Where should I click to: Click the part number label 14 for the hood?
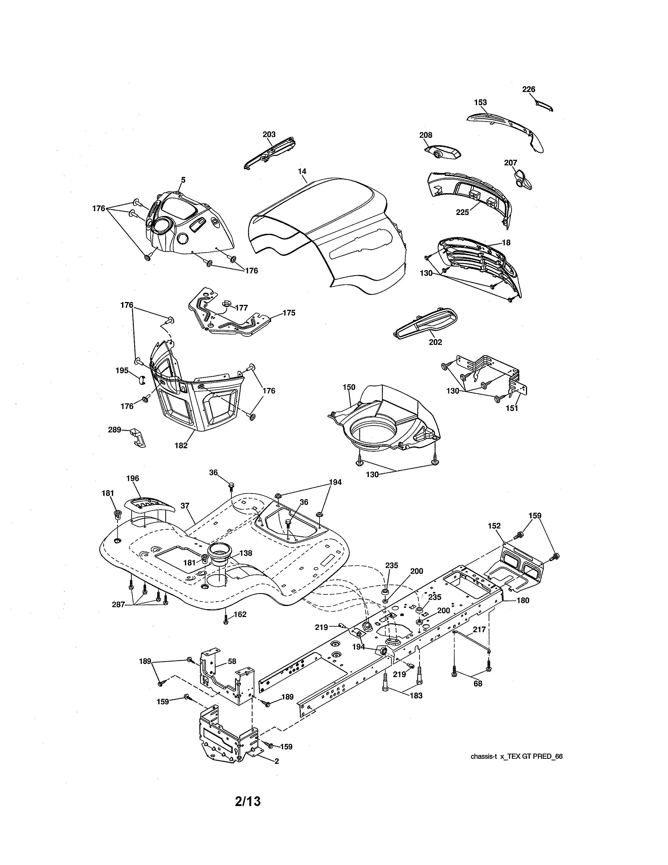tap(302, 171)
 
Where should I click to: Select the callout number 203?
tap(269, 134)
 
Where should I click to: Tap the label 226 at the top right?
tap(528, 89)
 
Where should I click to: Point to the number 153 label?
tap(480, 102)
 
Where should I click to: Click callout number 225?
tap(462, 212)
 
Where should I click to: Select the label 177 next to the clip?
tap(242, 308)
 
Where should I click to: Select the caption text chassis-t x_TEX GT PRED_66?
tap(516, 756)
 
